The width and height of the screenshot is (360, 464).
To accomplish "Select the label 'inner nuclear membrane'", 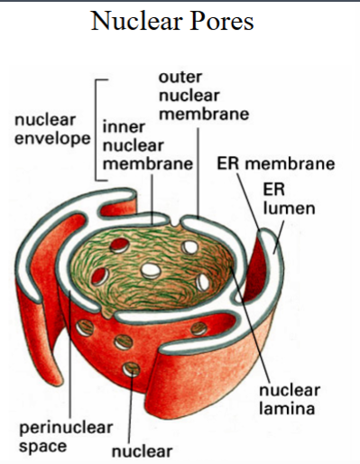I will click(146, 146).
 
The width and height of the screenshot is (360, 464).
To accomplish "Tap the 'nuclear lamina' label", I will click(289, 400).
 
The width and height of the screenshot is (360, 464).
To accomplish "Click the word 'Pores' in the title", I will click(220, 21).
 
